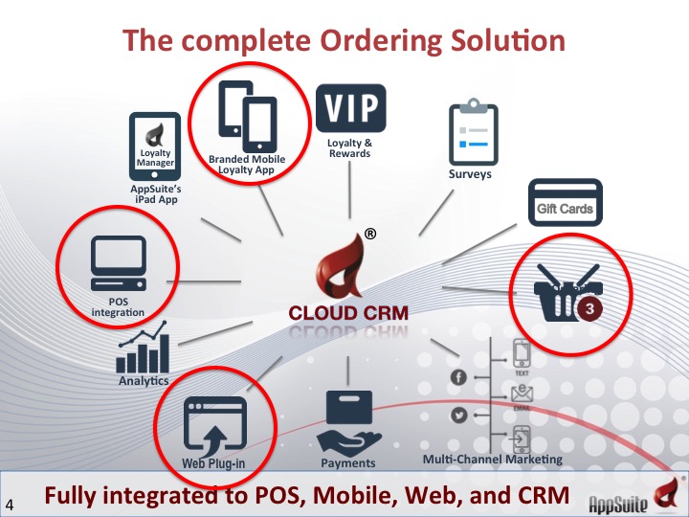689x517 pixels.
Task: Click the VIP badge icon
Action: pos(351,110)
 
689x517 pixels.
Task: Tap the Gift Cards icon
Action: pos(565,202)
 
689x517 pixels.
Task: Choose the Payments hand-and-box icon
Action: pos(347,422)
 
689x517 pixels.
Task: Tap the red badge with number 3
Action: pos(591,309)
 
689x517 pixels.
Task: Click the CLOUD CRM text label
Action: pos(348,312)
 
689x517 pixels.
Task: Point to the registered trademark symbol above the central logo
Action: pos(369,234)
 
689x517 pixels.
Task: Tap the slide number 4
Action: pos(11,504)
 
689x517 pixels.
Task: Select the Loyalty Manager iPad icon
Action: pos(155,146)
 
